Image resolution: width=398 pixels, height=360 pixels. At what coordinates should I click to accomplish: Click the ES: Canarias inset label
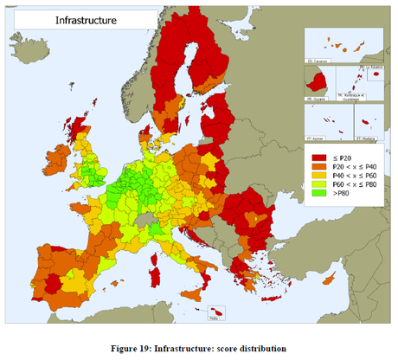point(317,61)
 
